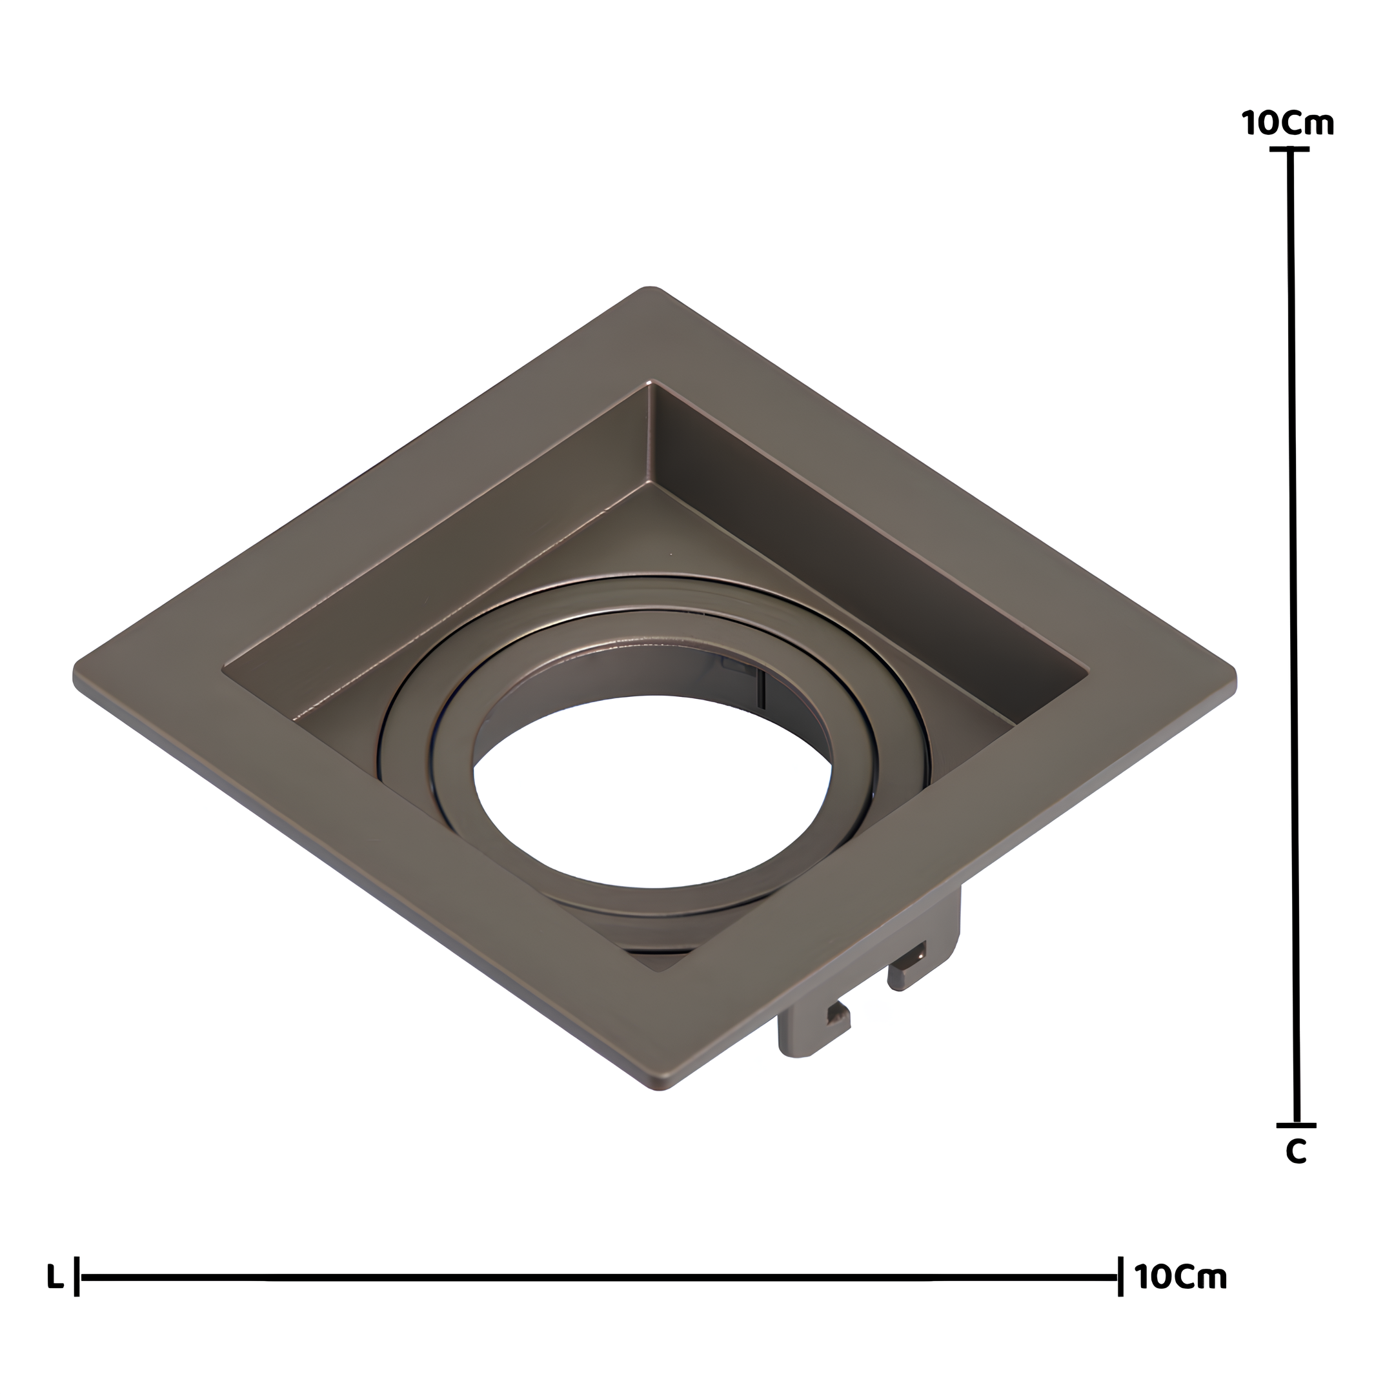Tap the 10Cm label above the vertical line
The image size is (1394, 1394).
(x=1289, y=123)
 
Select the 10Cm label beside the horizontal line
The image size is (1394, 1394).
(x=1181, y=1297)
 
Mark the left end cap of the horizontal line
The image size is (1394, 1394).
(x=77, y=1297)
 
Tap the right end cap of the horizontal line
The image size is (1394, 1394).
(x=1120, y=1297)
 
